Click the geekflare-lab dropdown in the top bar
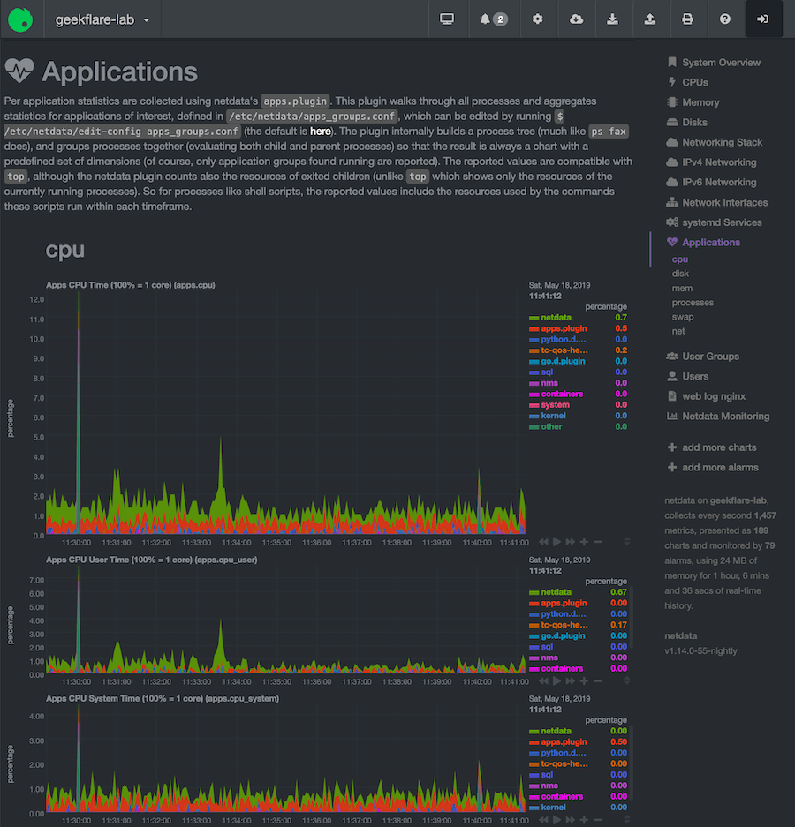coord(102,19)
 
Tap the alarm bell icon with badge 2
coord(494,19)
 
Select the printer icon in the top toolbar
coord(687,19)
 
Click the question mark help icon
coord(725,19)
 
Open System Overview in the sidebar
coord(721,63)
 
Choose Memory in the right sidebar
coord(700,102)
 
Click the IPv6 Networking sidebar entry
coord(719,182)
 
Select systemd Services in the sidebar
coord(722,222)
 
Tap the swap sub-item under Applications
coord(683,317)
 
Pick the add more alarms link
coord(720,468)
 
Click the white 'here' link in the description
coord(321,131)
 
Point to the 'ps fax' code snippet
coord(609,131)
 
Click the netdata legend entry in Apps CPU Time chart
coord(556,317)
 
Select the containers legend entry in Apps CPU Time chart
coord(562,394)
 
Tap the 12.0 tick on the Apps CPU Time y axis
coord(37,300)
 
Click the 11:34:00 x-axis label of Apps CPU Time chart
coord(238,543)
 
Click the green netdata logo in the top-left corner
coord(21,19)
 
